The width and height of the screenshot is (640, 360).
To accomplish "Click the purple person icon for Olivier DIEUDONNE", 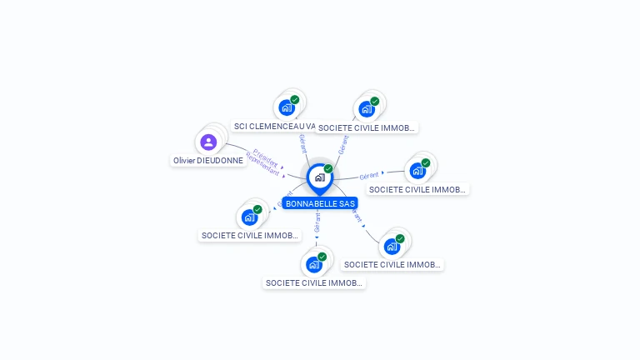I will [208, 142].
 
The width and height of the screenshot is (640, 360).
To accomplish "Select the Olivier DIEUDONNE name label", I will [208, 160].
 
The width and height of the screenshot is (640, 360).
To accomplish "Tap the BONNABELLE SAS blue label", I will [320, 203].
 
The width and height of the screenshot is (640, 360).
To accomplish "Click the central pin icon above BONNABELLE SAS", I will [319, 177].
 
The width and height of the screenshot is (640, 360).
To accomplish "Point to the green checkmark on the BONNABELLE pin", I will [328, 168].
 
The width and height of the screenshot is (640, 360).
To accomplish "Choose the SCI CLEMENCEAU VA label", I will [275, 127].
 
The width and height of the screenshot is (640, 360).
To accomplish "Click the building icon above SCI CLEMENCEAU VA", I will [287, 107].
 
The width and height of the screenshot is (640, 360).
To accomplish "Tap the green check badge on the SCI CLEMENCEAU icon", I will [295, 100].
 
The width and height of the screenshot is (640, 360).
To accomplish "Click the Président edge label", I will [265, 157].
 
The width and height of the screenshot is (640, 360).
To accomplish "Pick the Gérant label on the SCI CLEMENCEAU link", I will [302, 142].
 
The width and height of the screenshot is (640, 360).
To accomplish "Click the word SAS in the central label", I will [347, 203].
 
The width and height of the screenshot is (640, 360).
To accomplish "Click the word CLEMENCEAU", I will [277, 127].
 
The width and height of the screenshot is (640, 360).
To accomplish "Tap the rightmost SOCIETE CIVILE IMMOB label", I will [417, 189].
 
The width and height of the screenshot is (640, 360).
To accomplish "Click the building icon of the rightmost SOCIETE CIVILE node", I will [417, 171].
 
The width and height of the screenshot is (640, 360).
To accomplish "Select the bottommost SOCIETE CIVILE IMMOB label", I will [314, 283].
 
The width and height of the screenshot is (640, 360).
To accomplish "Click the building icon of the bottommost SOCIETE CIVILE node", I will [314, 265].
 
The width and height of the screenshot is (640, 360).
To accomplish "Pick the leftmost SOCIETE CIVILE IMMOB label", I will [249, 236].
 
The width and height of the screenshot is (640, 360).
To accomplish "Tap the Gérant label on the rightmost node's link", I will [369, 175].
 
